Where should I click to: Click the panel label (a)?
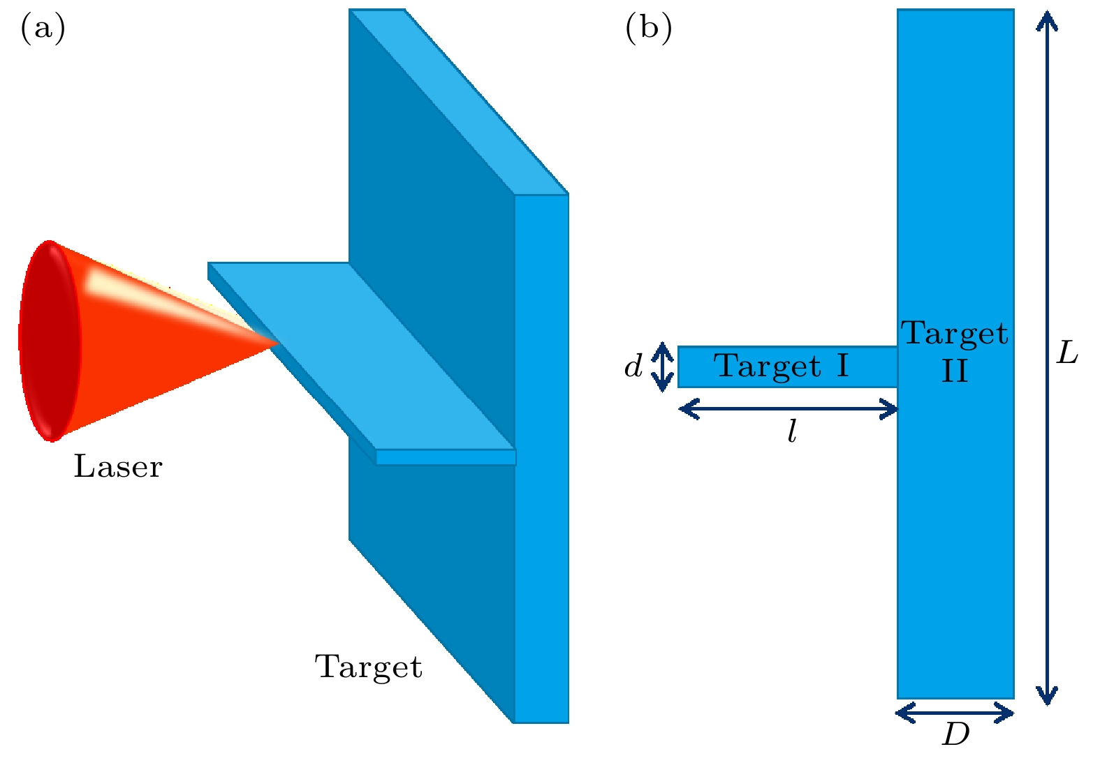(x=43, y=29)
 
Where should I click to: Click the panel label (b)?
(x=648, y=29)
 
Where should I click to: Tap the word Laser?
(x=117, y=466)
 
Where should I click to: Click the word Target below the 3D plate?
(x=368, y=667)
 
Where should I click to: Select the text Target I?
(x=781, y=366)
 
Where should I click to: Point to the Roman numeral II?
(x=955, y=371)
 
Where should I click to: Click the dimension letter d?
(x=633, y=366)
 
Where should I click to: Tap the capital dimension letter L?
(x=1066, y=353)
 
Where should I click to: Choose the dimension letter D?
(x=955, y=734)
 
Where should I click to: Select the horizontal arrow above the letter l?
(x=788, y=409)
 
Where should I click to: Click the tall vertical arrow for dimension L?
(x=1046, y=356)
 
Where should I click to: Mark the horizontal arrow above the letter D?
(x=955, y=713)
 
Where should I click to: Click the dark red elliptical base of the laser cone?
(x=49, y=341)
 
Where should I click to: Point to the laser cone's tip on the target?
(x=276, y=341)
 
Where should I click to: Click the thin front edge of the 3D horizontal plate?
(x=446, y=457)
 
